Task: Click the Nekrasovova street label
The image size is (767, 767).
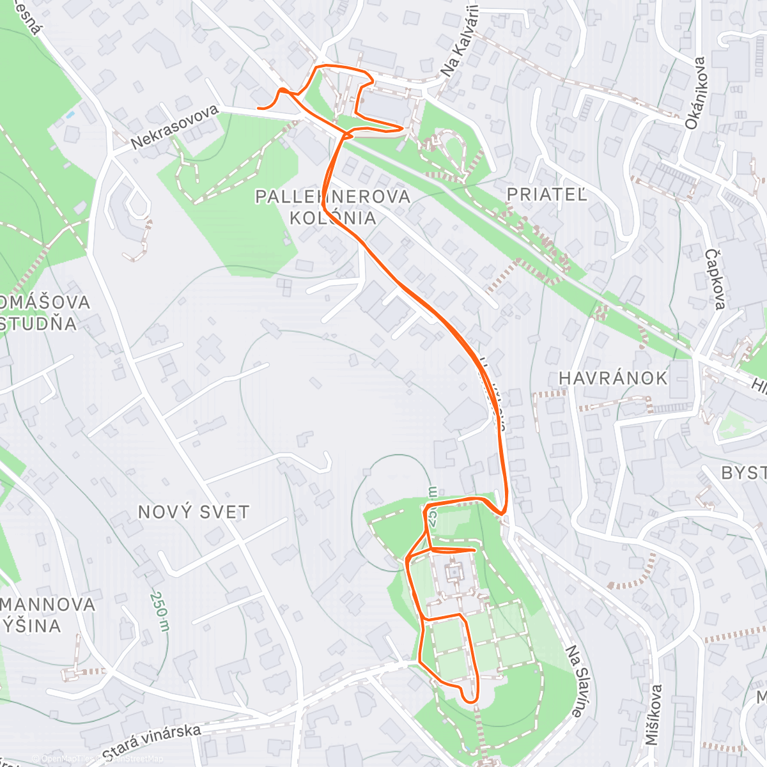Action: (174, 127)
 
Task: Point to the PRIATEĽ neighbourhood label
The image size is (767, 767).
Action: (546, 194)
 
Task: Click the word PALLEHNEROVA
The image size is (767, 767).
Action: (332, 196)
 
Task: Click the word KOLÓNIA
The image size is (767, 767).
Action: (332, 218)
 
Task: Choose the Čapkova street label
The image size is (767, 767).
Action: (715, 279)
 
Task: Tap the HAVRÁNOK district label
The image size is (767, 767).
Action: (613, 378)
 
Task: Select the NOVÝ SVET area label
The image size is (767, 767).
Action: (194, 512)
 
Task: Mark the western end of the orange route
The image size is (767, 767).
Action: (258, 108)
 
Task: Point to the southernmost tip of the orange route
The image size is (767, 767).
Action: (470, 701)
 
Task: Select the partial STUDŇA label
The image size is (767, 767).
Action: (38, 323)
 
